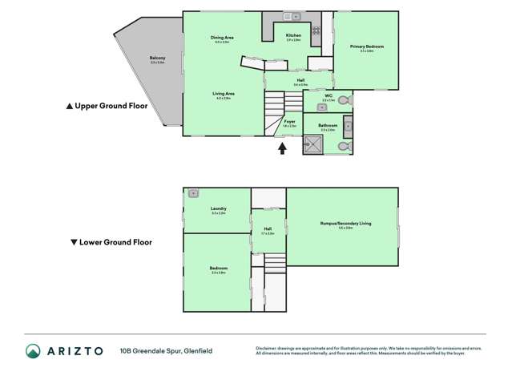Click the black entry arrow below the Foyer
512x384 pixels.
pos(281,148)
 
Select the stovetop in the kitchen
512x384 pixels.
pos(316,31)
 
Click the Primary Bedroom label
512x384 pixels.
pos(367,46)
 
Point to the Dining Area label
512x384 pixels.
pos(222,38)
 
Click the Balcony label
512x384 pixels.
pos(157,59)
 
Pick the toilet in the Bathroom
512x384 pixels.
pos(343,147)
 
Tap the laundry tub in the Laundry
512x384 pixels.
pos(193,193)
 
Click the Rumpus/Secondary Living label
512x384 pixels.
pos(335,224)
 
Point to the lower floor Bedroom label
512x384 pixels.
pos(219,269)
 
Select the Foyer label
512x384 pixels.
pos(289,121)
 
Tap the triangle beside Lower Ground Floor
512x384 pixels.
pos(74,241)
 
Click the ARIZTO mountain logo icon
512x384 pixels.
pos(33,350)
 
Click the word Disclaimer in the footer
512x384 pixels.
pos(267,348)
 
